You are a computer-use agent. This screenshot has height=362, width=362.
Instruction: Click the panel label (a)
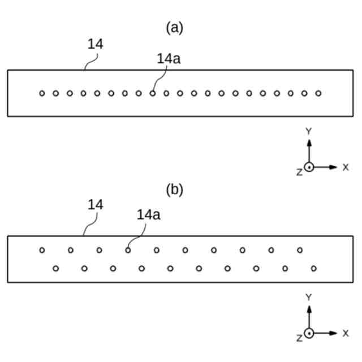[174, 28]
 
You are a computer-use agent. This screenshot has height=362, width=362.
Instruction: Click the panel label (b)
[174, 189]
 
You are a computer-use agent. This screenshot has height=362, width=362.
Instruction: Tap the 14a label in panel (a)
[169, 58]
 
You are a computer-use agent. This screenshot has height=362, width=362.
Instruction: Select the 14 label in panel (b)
[96, 204]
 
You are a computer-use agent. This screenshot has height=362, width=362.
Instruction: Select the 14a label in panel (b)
[149, 214]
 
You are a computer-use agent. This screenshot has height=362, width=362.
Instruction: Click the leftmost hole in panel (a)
[42, 93]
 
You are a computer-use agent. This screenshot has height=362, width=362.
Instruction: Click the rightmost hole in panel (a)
[318, 93]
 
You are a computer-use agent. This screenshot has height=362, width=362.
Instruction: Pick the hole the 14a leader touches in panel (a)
[153, 93]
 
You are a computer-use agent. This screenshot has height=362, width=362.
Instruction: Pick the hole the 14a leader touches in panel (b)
[128, 250]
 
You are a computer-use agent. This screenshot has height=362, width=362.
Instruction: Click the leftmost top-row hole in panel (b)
[42, 250]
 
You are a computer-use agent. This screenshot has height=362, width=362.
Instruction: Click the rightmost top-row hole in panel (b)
[300, 250]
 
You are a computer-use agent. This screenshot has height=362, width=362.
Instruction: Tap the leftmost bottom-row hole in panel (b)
[55, 268]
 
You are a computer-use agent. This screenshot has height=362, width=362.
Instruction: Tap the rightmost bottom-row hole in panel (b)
[314, 268]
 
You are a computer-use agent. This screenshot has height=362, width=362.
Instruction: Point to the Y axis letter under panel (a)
[309, 131]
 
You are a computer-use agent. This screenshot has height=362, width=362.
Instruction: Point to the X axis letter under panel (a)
[346, 167]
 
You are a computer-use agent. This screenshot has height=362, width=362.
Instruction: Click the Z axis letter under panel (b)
[299, 338]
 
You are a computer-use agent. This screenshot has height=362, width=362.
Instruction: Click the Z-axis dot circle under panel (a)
[309, 167]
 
